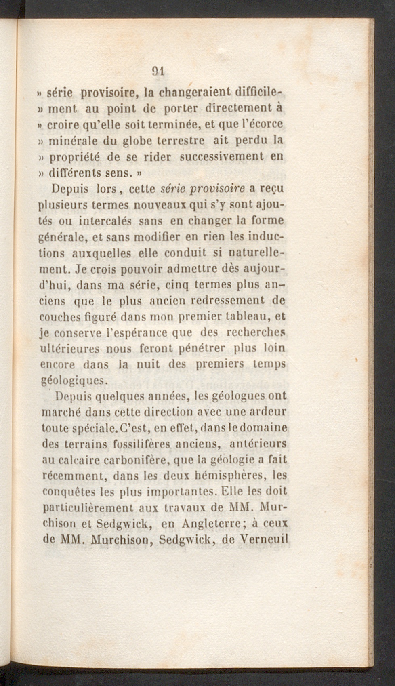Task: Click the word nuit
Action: [148, 364]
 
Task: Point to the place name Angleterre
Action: [212, 524]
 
